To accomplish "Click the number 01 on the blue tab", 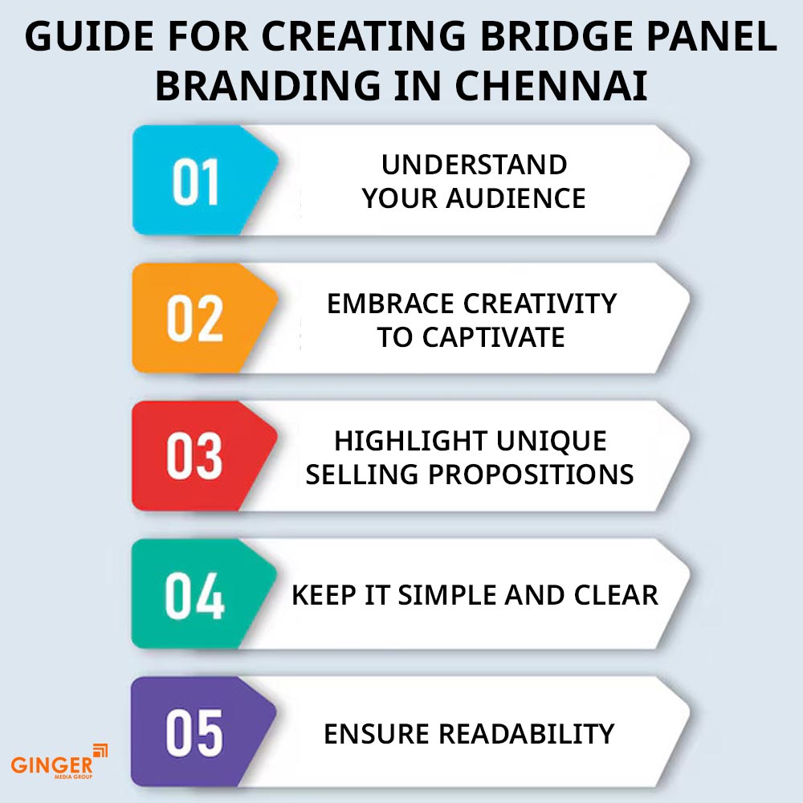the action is coord(196,181).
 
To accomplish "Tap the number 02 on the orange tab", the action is coord(195,319).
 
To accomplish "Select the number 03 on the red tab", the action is coord(194,456).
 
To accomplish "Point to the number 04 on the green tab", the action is coord(194,595).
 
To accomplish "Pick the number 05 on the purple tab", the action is coord(194,733).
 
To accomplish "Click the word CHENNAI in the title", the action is coord(551,86).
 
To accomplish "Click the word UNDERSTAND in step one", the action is coord(475,165).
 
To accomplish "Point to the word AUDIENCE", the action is coord(516,198).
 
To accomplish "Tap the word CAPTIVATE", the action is coord(494,337).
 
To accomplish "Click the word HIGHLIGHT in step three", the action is coord(410,441).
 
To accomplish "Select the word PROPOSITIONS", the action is coord(531,475).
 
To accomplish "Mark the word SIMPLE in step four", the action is coord(447,595).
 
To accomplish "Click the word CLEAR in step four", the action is coord(616,595).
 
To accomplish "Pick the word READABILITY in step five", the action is coord(527,734).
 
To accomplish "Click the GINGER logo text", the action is coord(51,765).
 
